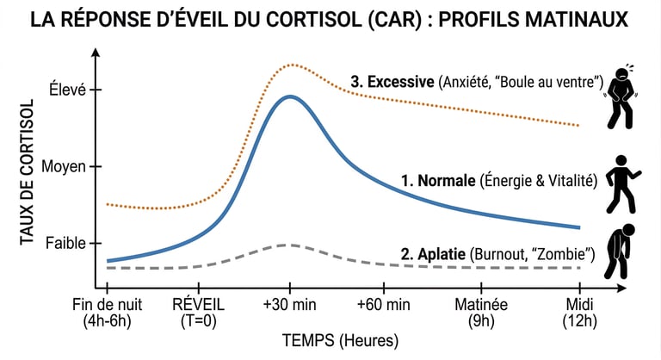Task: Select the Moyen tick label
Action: [64, 166]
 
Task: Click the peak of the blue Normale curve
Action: [290, 96]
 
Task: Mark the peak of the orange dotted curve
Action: [293, 65]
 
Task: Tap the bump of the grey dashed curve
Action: [290, 245]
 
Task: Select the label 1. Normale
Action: [438, 181]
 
